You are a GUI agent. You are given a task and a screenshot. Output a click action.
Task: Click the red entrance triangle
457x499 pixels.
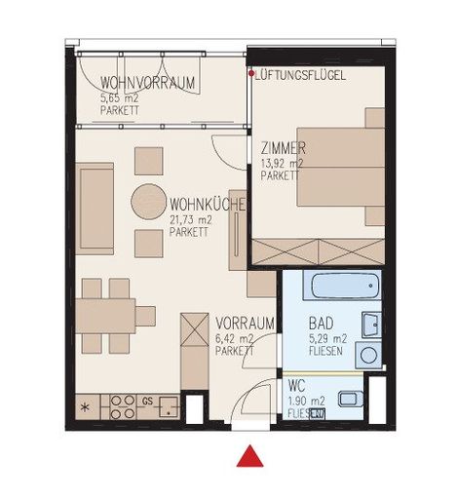pos(249,456)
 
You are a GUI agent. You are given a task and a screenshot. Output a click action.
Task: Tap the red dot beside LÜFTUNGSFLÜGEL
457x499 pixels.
pos(251,73)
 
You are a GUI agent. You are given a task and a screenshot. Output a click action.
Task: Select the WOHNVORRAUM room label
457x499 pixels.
pos(147,83)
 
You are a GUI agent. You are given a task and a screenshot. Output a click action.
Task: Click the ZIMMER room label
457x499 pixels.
pos(284,148)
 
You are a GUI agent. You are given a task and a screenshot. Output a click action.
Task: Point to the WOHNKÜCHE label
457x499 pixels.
pos(208,205)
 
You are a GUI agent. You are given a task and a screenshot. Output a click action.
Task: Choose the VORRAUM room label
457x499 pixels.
pos(245,324)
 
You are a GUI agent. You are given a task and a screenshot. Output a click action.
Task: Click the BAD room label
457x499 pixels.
pos(321,324)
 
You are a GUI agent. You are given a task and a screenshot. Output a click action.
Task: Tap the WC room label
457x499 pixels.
pos(296,386)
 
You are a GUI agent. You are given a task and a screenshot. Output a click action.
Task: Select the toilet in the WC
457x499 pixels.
pos(351,399)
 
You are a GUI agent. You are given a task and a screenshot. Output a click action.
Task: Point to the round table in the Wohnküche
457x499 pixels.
pos(148,202)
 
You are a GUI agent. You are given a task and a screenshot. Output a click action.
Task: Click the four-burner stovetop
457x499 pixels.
pos(123,406)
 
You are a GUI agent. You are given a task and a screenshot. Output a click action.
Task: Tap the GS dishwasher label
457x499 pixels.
pos(147,402)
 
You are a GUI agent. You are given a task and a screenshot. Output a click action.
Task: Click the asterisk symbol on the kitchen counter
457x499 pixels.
pos(85,407)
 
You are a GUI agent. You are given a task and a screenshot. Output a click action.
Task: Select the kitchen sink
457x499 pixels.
pos(169,406)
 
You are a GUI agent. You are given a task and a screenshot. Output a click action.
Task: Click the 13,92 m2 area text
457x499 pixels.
pos(282,163)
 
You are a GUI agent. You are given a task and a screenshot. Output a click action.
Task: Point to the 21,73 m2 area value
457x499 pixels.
pos(191,220)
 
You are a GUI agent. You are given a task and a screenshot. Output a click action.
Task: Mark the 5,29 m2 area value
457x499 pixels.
pos(327,339)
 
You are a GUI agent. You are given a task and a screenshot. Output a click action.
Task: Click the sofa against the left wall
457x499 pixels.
pos(95,209)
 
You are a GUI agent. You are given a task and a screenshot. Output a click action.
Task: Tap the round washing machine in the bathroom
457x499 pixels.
pos(368,355)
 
